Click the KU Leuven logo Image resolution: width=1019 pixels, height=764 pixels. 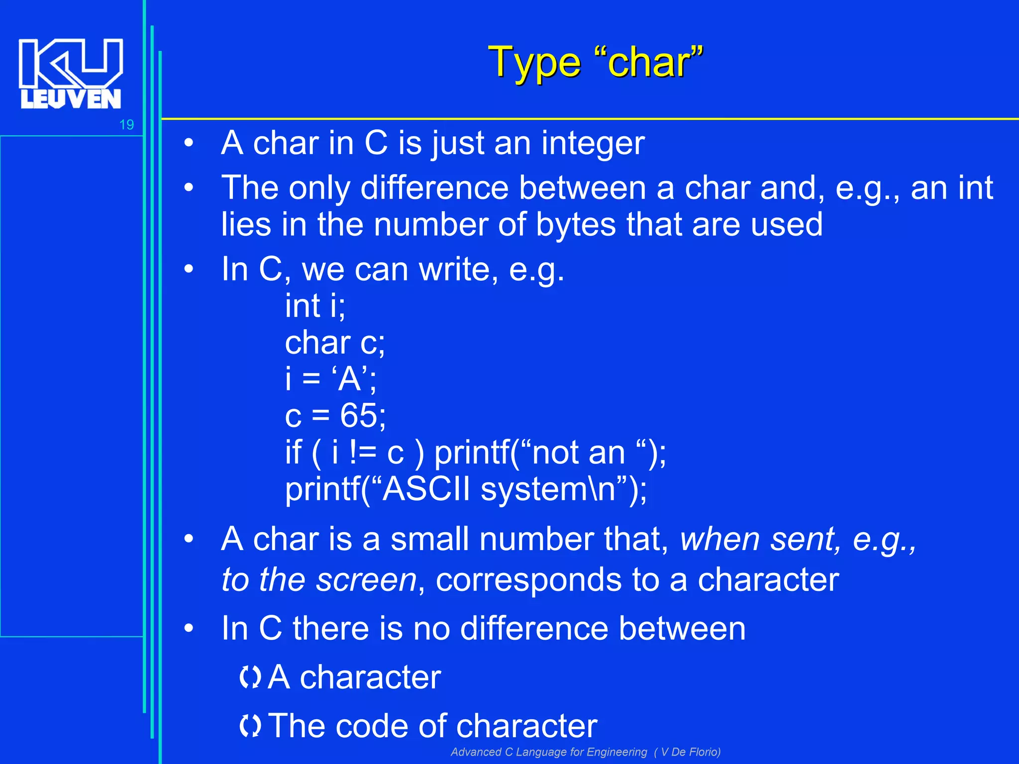pyautogui.click(x=70, y=74)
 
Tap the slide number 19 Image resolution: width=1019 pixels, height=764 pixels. pyautogui.click(x=126, y=125)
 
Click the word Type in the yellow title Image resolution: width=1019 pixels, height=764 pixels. pyautogui.click(x=534, y=63)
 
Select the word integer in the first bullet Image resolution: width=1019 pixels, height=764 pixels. pyautogui.click(x=593, y=143)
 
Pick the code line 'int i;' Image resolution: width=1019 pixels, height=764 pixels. pyautogui.click(x=315, y=305)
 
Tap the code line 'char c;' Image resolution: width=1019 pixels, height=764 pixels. pyautogui.click(x=335, y=343)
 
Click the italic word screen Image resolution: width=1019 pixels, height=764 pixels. pyautogui.click(x=366, y=580)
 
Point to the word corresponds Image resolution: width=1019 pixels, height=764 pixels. pyautogui.click(x=528, y=580)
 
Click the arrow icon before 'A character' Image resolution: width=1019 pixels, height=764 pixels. pyautogui.click(x=250, y=677)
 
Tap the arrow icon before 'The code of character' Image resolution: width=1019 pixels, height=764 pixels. pyautogui.click(x=250, y=726)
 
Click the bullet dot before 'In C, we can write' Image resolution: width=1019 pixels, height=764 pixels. pyautogui.click(x=188, y=269)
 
